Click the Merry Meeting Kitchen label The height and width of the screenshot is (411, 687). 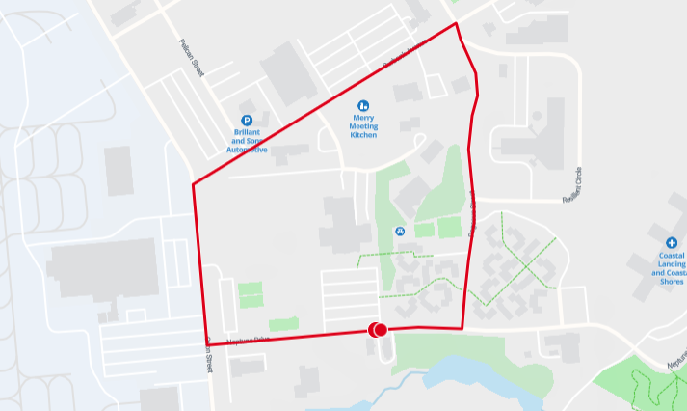363,126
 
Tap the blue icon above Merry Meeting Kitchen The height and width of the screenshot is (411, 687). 363,104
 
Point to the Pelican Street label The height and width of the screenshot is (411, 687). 192,59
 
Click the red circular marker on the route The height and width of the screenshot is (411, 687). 377,330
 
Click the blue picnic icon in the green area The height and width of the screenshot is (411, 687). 399,232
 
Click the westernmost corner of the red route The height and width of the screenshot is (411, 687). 194,184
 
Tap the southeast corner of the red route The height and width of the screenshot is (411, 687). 462,328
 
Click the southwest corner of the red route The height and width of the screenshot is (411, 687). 211,342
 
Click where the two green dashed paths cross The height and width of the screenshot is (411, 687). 526,260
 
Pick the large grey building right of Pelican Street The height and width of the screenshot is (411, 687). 288,73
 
